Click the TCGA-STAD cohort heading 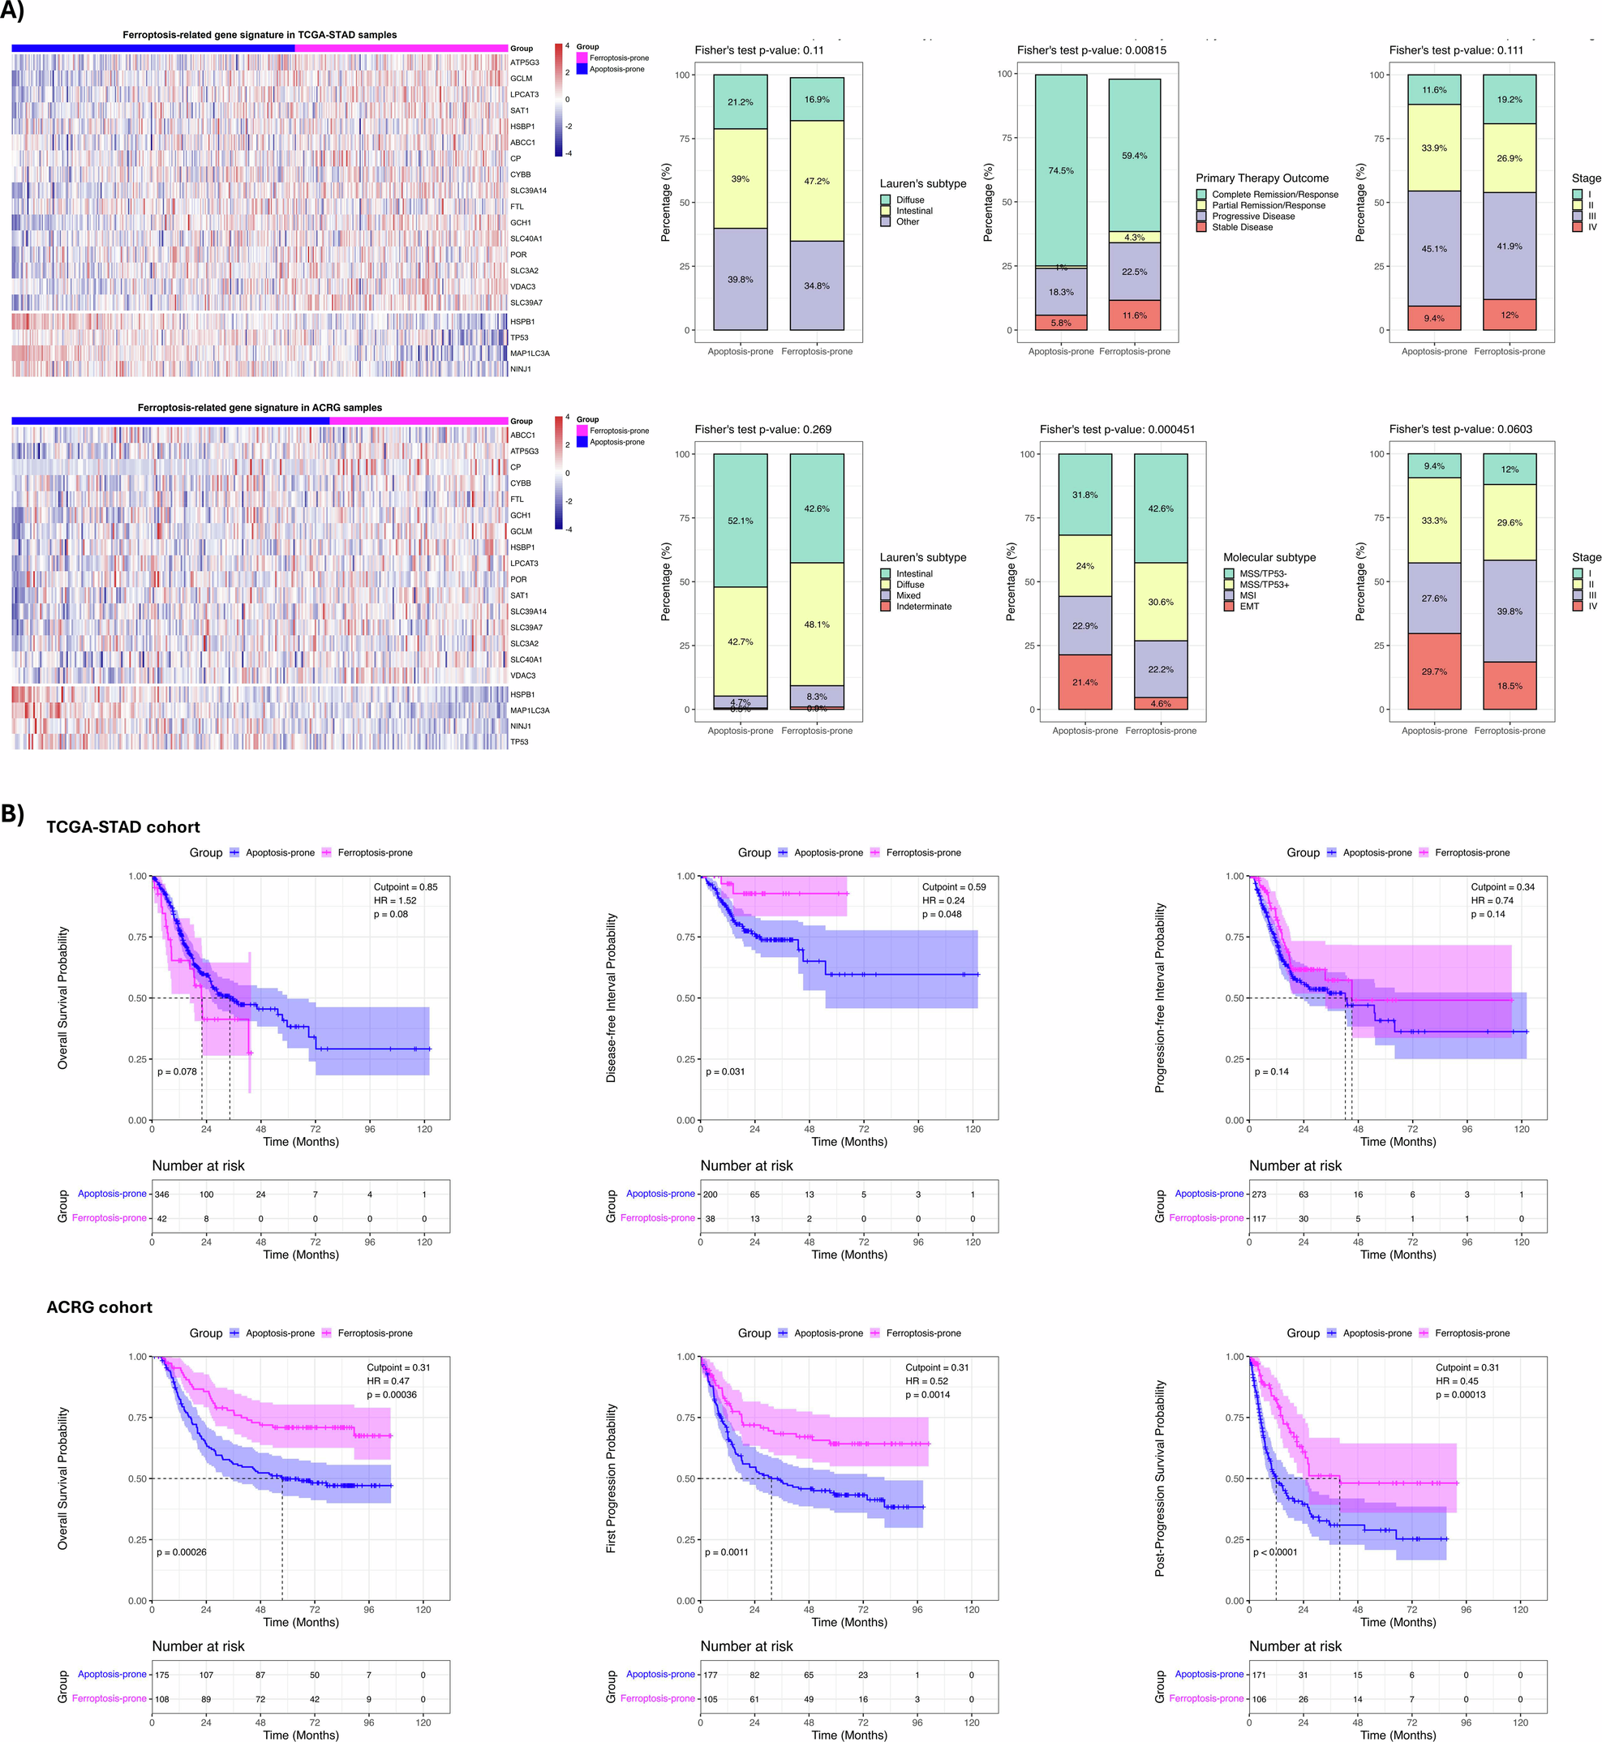coord(123,826)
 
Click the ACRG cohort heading coord(99,1307)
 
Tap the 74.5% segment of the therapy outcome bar coord(1060,171)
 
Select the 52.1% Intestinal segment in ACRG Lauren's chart coord(740,521)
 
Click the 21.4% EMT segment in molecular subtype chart coord(1084,682)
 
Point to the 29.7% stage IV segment coord(1434,671)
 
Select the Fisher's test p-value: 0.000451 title coord(1117,429)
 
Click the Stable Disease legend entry coord(1241,227)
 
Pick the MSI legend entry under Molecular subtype coord(1248,595)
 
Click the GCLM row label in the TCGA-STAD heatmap coord(521,79)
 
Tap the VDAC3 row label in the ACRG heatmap coord(522,675)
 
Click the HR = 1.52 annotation coord(394,900)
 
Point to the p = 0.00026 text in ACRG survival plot coord(181,1552)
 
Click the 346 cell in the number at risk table coord(162,1195)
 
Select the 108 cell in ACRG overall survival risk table coord(162,1699)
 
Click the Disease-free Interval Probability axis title coord(611,998)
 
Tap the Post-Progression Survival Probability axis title coord(1160,1478)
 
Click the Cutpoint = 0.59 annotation coord(954,886)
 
